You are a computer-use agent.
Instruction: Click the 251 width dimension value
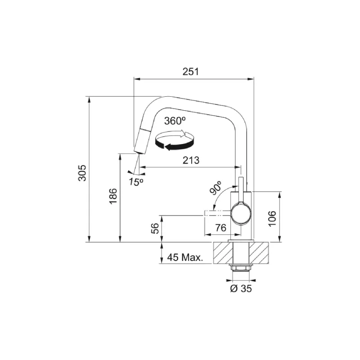click(190, 72)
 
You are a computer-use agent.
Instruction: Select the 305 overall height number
click(82, 173)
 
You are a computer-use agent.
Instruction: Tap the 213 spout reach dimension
click(191, 160)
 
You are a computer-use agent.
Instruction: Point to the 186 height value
click(113, 196)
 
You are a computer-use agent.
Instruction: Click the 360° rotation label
click(175, 121)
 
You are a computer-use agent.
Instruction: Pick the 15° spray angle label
click(136, 182)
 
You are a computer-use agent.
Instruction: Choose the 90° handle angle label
click(216, 188)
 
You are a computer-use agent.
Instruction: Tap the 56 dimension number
click(155, 228)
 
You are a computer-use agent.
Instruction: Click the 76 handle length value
click(220, 228)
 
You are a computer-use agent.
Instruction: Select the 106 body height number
click(272, 218)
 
